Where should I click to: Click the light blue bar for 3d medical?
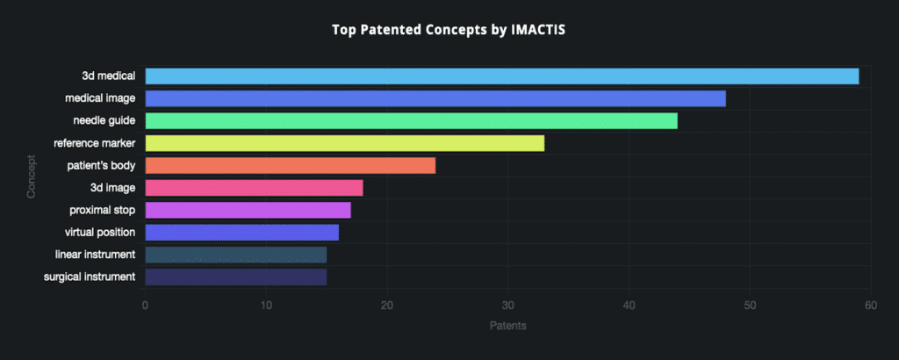pos(501,76)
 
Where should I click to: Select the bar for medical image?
pos(435,98)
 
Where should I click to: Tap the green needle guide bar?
pos(411,120)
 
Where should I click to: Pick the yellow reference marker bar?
pos(344,143)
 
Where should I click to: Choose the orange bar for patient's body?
pos(290,165)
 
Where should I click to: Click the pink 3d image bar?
pos(254,188)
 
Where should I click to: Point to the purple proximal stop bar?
pos(248,210)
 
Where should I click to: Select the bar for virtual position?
pos(241,233)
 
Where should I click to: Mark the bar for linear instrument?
pos(235,255)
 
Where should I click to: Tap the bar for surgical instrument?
pos(235,277)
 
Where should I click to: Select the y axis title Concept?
pos(32,176)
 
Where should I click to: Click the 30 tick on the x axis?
pos(507,305)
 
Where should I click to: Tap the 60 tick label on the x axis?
pos(870,305)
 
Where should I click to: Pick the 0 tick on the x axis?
pos(145,305)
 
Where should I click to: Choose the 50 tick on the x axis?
pos(749,305)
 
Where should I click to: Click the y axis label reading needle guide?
pos(104,120)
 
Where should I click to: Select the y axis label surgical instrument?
pos(90,277)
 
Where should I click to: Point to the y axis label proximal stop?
pos(102,210)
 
